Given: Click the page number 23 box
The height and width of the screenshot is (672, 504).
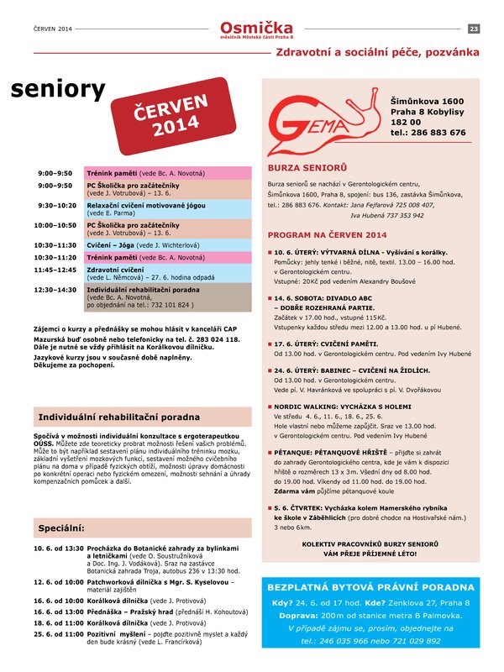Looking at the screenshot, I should (x=474, y=29).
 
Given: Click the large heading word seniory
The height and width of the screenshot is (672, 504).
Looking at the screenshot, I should (x=59, y=90).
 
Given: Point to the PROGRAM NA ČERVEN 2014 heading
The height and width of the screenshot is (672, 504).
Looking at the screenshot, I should (x=327, y=235).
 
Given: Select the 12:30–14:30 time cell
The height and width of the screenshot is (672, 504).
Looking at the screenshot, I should (x=55, y=289).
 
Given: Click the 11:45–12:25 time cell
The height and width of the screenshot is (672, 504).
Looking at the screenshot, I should (x=55, y=270).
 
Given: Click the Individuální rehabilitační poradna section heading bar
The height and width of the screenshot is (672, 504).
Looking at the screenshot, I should (x=142, y=417).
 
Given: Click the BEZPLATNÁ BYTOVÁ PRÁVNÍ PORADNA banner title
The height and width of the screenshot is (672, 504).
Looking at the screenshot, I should (x=370, y=588).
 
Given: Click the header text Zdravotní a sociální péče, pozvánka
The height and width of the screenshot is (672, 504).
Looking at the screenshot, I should (x=378, y=52).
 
